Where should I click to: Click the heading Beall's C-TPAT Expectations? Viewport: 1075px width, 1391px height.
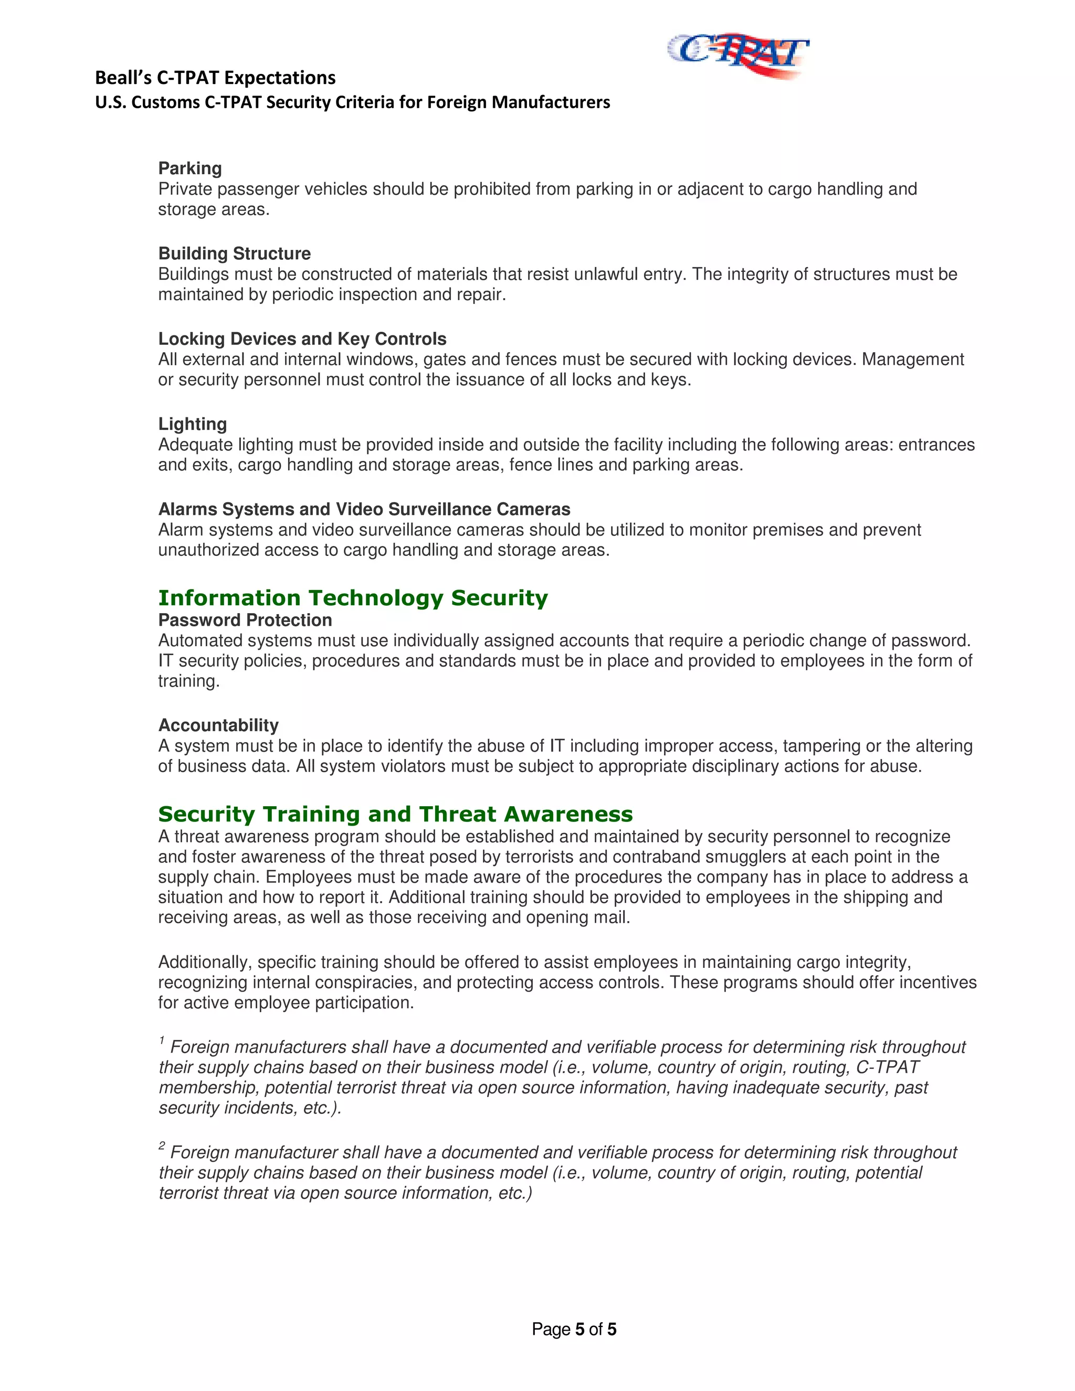215,78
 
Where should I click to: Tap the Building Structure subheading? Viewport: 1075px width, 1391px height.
234,254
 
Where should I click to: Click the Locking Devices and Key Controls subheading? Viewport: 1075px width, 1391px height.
302,339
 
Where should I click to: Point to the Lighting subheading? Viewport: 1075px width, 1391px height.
192,424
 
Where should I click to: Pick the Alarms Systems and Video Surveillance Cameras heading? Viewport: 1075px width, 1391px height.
364,510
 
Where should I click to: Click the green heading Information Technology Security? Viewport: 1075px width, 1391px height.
353,598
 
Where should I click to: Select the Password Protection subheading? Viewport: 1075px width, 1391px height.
245,620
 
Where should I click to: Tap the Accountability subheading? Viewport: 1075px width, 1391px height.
218,725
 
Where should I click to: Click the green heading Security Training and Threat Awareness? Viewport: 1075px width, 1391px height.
395,815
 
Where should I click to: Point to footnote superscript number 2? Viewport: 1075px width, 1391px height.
162,1146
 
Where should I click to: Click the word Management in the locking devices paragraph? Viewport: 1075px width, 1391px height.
913,360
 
